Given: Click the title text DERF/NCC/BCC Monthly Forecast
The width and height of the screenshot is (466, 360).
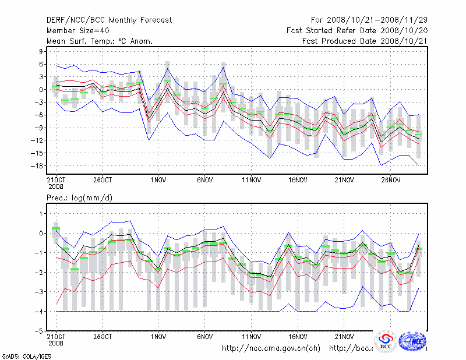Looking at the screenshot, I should pos(109,20).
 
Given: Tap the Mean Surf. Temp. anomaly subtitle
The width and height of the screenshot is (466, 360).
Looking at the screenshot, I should pos(100,41).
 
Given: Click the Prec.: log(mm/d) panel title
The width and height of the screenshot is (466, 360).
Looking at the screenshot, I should pos(80,198).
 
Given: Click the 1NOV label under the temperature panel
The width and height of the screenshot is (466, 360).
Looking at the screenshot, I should pos(157,181).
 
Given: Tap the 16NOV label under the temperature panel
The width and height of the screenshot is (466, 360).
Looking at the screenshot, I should pos(298,181).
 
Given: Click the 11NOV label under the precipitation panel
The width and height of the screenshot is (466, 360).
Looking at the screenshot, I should pos(251,336).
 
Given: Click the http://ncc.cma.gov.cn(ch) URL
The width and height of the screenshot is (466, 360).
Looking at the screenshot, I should pos(271,348).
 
